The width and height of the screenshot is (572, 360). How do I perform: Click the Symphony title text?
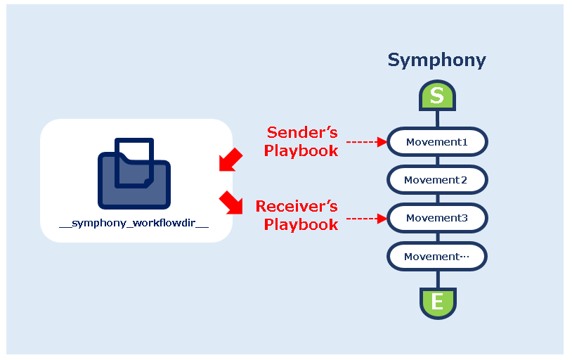436,60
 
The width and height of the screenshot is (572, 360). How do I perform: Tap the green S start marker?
437,96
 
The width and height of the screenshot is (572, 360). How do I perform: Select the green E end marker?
437,302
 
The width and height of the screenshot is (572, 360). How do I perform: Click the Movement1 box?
437,142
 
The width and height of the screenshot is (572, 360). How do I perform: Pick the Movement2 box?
437,180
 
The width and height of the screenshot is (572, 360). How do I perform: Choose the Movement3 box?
437,218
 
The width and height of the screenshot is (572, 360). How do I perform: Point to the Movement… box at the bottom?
437,257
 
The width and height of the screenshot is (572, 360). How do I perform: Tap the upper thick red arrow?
230,160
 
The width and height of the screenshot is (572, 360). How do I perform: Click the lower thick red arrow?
230,202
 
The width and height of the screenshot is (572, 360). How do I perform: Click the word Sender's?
302,132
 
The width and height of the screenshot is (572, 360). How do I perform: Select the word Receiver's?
297,207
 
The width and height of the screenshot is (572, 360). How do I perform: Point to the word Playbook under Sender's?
301,150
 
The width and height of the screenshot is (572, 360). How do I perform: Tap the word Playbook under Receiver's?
301,225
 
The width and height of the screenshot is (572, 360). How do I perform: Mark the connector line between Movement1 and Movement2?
437,161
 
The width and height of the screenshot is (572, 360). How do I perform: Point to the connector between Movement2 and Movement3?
437,199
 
